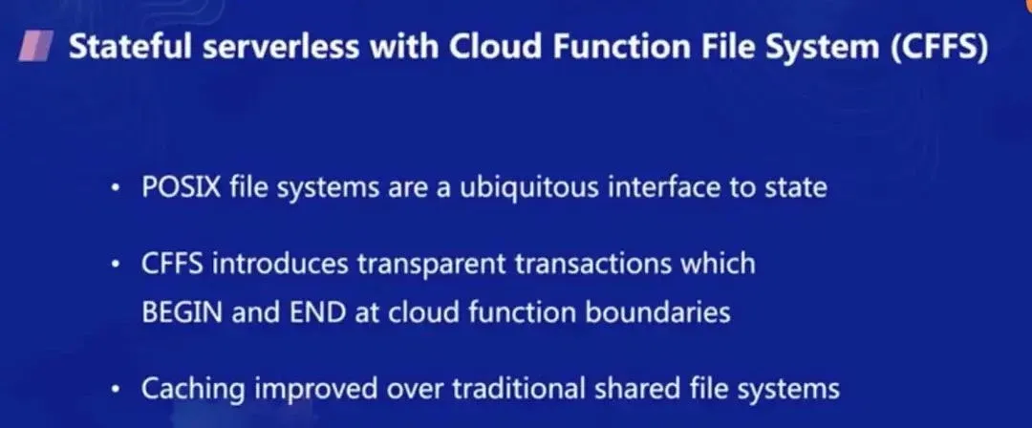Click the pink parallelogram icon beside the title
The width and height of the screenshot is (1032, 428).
pos(36,48)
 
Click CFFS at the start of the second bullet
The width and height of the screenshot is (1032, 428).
pos(172,264)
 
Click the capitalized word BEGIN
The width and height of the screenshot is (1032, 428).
pos(182,311)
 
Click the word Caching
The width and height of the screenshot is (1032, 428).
pos(193,389)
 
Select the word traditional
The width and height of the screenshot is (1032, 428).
pos(519,388)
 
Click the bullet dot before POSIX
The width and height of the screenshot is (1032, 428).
pos(117,189)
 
